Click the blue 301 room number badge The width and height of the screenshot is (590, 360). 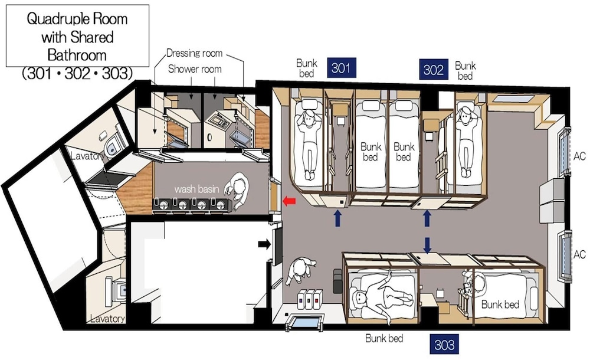341,68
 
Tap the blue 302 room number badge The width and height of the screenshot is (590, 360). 434,69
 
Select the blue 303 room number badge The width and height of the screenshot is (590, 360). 444,344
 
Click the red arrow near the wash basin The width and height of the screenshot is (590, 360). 289,201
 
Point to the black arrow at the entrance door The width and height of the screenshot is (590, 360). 264,244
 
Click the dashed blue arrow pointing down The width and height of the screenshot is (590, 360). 427,245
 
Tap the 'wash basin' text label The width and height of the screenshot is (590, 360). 196,189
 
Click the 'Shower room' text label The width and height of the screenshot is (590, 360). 195,69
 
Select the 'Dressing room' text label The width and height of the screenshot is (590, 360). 194,53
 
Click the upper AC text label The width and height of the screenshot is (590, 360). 580,156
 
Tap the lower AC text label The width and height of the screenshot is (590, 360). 580,254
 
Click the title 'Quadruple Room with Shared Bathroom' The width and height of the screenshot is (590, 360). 77,37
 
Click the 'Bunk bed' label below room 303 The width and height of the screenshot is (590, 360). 384,338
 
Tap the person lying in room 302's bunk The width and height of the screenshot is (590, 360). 467,141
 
